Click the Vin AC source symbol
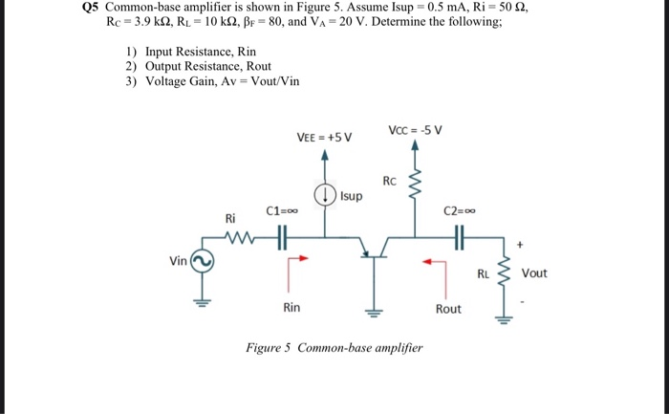point(202,260)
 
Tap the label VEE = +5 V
point(324,137)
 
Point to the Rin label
point(292,308)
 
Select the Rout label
point(447,309)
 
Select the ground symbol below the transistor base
point(372,310)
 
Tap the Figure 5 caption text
point(334,348)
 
